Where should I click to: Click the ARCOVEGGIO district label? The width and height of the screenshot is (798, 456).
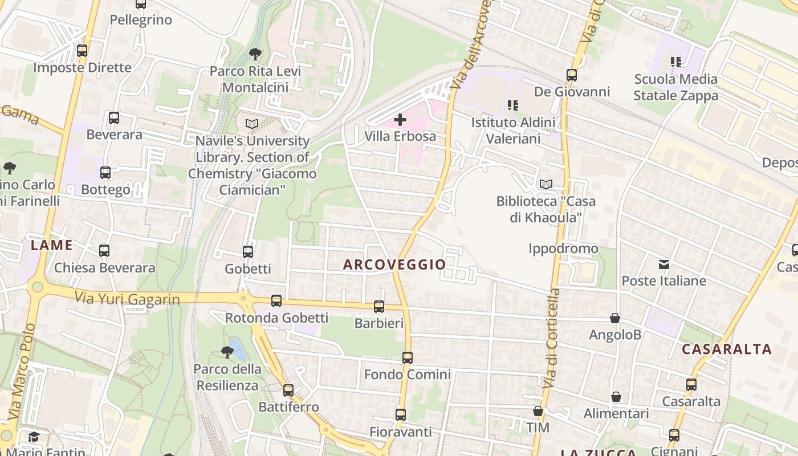394,264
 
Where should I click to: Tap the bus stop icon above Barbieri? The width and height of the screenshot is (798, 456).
379,307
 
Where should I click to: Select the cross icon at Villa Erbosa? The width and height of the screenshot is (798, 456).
400,120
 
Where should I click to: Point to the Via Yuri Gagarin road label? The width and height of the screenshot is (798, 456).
128,298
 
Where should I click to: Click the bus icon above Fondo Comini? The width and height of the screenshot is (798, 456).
407,358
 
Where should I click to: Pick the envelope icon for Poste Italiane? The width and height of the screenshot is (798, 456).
664,264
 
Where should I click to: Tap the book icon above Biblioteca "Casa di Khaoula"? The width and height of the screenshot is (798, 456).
546,184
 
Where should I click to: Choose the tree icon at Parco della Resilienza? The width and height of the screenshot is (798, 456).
227,352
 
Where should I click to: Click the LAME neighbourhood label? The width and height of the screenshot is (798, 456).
52,246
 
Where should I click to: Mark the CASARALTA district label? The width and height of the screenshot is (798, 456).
727,349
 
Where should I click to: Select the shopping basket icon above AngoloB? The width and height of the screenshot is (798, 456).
615,318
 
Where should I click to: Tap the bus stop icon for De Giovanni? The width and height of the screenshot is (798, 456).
571,75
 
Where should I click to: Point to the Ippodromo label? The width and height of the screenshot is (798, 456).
563,249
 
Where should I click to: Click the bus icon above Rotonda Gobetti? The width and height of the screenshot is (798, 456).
276,300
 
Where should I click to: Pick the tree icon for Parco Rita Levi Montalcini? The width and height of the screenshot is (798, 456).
255,54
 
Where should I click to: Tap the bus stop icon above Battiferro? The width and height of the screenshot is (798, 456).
288,390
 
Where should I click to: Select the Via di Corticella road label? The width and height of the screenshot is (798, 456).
551,339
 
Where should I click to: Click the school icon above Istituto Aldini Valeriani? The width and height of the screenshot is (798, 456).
513,105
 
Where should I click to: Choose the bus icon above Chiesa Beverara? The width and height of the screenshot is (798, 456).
104,251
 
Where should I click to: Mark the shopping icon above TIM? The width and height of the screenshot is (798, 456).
538,411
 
